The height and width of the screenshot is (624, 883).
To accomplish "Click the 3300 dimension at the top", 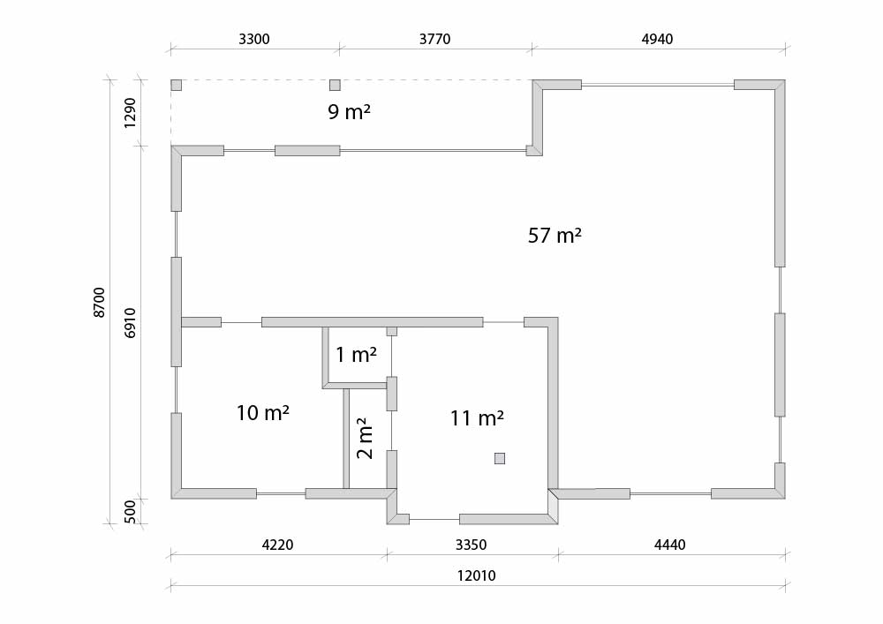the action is pos(254,39).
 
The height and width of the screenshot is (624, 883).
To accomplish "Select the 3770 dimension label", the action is pos(434,39).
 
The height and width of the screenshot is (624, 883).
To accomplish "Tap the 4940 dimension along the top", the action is pos(657,39).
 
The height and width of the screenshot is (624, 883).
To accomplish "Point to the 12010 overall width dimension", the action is pos(477,575).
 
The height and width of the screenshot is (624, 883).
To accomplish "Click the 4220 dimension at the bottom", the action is pos(277,545).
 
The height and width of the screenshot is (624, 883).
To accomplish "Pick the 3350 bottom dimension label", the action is pos(471,545).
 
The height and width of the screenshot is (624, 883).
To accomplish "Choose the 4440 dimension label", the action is pos(669,545).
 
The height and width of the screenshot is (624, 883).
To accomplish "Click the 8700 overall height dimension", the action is pos(99,303).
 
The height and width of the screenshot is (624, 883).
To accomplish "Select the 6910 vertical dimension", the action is pos(130,322).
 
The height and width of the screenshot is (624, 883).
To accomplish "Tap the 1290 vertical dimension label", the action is pos(130,113).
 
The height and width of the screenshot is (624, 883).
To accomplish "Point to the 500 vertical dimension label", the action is pos(130,511).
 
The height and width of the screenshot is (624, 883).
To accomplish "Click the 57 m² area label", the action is pos(555,235).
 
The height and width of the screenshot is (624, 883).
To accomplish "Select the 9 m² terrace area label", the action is pos(349,111).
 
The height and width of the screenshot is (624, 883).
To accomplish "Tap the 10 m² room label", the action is pos(263,412).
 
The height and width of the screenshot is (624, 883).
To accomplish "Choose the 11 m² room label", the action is pos(477,418).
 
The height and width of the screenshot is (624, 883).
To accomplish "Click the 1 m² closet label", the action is pos(357,355).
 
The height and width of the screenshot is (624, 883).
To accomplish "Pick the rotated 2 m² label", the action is pos(365,438).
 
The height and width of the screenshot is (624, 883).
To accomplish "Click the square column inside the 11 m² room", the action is pos(500,459).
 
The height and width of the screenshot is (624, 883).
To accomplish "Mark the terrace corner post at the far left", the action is pos(177,85).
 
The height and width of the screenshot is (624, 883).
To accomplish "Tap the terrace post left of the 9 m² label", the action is pos(335,85).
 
